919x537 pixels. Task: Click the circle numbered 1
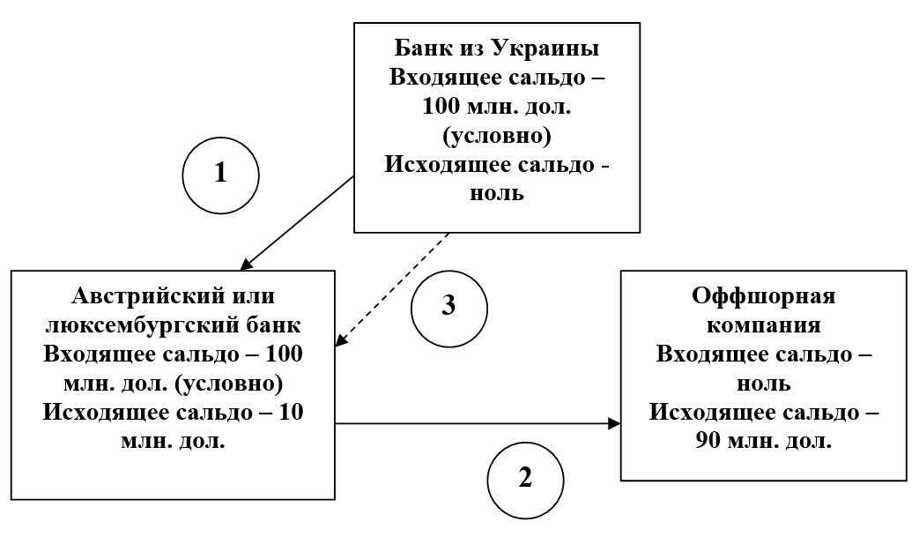click(x=220, y=174)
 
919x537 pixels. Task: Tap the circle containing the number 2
click(x=525, y=479)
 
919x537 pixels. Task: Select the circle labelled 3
click(x=448, y=306)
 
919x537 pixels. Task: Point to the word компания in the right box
click(x=764, y=324)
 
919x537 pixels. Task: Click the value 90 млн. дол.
click(x=764, y=440)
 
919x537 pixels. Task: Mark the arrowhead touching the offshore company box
click(x=613, y=424)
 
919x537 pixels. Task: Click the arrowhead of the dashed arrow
click(x=342, y=342)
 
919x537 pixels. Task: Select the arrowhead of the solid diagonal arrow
click(x=247, y=263)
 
